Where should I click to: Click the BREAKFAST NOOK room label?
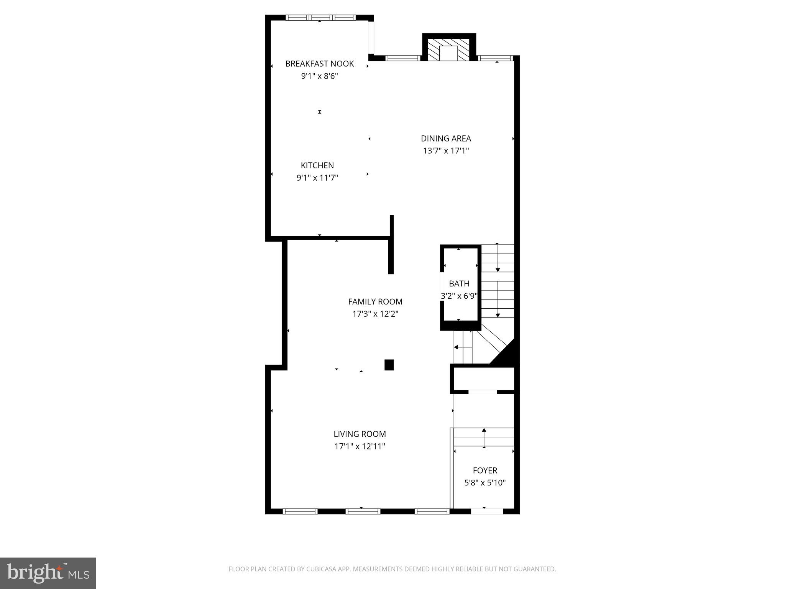pos(319,64)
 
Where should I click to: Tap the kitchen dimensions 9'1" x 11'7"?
pos(317,178)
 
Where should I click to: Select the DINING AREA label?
pos(446,138)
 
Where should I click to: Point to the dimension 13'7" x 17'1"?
pos(446,151)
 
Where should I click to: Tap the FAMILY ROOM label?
pos(375,302)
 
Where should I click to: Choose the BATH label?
pos(459,284)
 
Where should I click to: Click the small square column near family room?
pos(389,365)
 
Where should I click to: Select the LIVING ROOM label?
pos(360,434)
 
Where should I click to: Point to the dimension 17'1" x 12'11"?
pos(360,446)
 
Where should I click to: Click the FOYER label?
pos(485,471)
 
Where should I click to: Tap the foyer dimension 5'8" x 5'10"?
pos(485,483)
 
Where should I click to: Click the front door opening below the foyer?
pos(487,511)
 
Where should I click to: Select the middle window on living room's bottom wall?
pos(363,511)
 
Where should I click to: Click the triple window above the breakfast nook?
pos(320,18)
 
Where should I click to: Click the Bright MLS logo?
pos(48,573)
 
